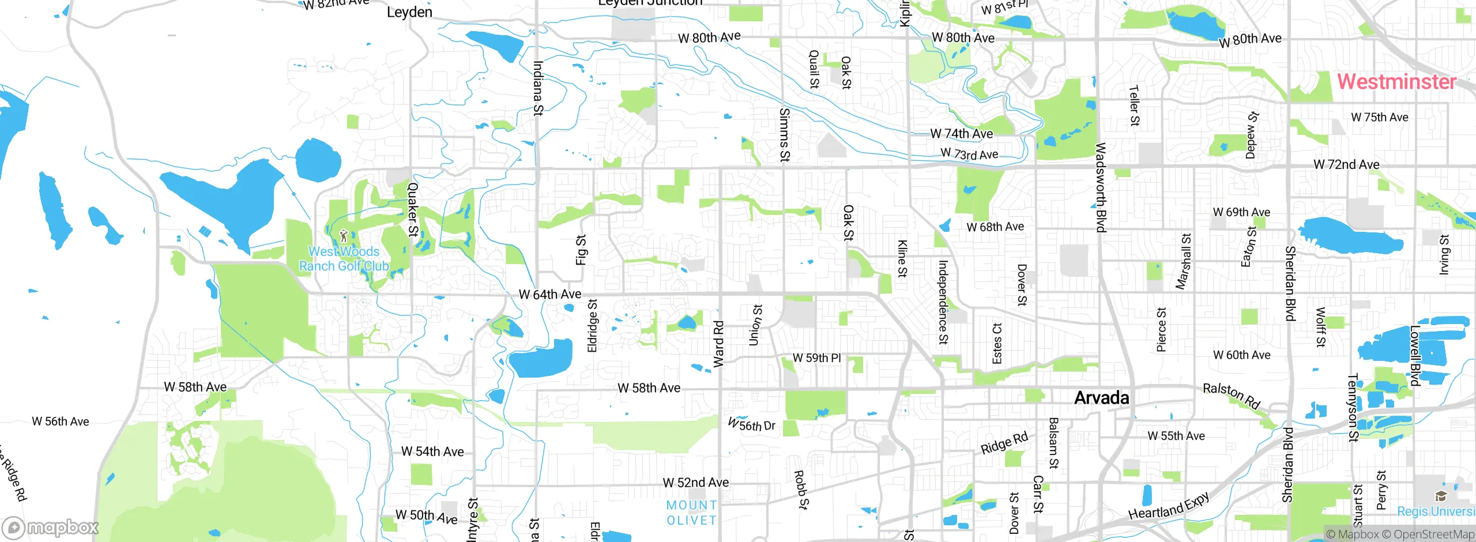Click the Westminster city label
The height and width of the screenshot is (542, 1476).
pyautogui.click(x=1396, y=81)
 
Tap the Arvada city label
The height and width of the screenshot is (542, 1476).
pyautogui.click(x=1101, y=398)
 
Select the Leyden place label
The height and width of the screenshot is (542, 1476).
pyautogui.click(x=409, y=12)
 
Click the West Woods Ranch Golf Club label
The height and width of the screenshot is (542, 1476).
pyautogui.click(x=344, y=259)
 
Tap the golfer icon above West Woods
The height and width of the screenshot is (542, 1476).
pyautogui.click(x=344, y=236)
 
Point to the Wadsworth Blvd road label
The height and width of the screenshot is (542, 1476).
pyautogui.click(x=1101, y=187)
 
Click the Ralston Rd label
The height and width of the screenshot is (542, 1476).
pyautogui.click(x=1232, y=396)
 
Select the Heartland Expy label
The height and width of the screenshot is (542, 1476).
pyautogui.click(x=1169, y=506)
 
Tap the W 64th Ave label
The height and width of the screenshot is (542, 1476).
pyautogui.click(x=550, y=295)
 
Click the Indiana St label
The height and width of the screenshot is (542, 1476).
pyautogui.click(x=538, y=88)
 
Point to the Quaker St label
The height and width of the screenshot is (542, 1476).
pyautogui.click(x=413, y=209)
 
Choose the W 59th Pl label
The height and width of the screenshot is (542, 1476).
pyautogui.click(x=816, y=358)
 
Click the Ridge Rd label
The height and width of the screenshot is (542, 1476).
pyautogui.click(x=1004, y=442)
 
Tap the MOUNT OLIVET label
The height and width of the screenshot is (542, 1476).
pyautogui.click(x=691, y=513)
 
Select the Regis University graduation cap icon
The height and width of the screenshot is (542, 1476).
pyautogui.click(x=1441, y=496)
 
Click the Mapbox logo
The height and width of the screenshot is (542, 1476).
pyautogui.click(x=51, y=528)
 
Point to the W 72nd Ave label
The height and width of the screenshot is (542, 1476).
pyautogui.click(x=1346, y=165)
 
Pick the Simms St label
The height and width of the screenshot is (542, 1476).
pyautogui.click(x=784, y=134)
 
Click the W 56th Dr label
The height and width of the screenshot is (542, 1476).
pyautogui.click(x=751, y=425)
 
